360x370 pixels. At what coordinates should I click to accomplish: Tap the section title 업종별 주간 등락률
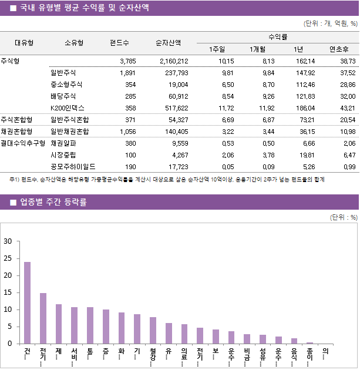[x=53, y=203]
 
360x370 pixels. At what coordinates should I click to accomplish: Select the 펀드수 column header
[x=120, y=42]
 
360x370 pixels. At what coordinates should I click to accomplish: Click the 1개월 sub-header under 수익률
[x=258, y=49]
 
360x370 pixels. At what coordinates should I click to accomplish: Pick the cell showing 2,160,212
[x=174, y=61]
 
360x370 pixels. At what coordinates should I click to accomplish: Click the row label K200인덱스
[x=68, y=108]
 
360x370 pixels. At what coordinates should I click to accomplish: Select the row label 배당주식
[x=63, y=96]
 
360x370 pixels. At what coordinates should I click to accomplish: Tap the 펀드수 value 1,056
[x=127, y=132]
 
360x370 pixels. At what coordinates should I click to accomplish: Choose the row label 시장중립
[x=63, y=155]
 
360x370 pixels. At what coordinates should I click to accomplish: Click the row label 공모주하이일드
[x=73, y=167]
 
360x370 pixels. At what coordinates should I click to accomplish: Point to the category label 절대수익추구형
[x=23, y=143]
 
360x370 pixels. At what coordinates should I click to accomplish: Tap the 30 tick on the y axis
[x=8, y=241]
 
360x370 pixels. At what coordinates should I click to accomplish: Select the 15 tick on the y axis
[x=8, y=292]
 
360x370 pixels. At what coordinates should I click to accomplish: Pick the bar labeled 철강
[x=153, y=330]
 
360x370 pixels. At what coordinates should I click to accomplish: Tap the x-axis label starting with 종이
[x=309, y=355]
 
